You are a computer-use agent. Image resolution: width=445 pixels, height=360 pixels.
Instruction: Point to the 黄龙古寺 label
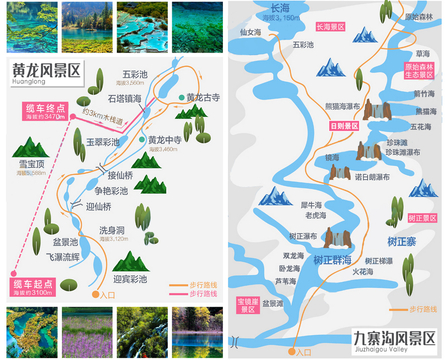tap(204, 97)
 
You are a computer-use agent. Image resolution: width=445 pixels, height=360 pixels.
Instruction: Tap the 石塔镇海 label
tap(127, 99)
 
